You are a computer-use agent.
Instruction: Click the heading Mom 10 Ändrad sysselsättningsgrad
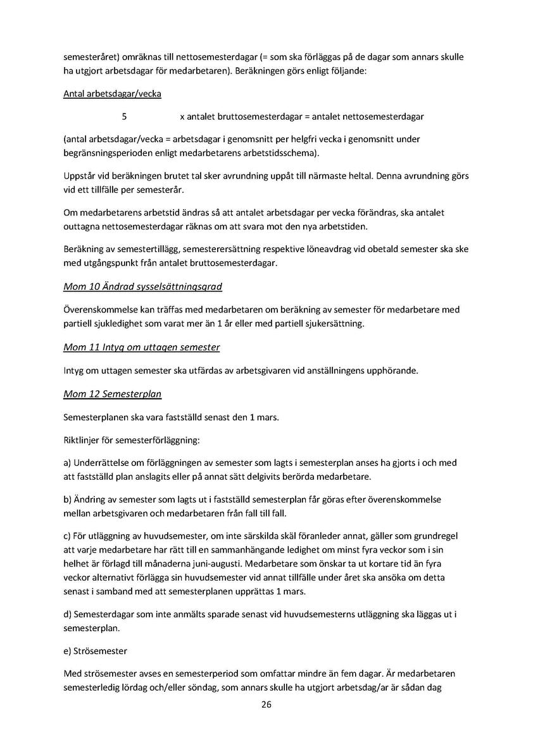point(142,287)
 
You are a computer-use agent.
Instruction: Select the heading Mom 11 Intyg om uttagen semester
point(141,348)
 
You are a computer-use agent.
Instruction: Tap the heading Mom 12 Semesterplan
point(112,394)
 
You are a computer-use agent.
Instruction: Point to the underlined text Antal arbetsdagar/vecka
point(112,94)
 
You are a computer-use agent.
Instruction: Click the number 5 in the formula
point(124,117)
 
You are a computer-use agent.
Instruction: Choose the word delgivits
point(304,476)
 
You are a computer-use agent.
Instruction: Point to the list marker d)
point(68,615)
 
